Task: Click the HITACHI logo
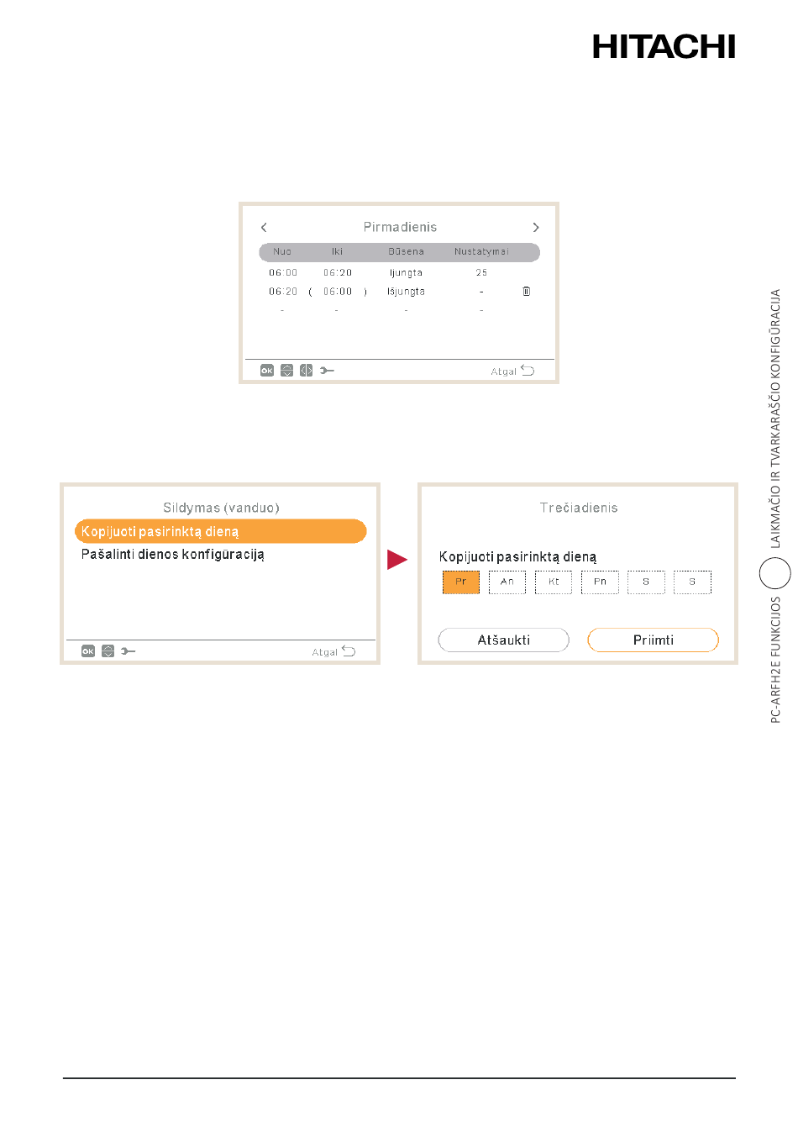pyautogui.click(x=663, y=46)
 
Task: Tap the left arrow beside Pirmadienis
pyautogui.click(x=264, y=227)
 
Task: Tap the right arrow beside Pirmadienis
pyautogui.click(x=535, y=227)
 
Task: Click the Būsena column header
pyautogui.click(x=406, y=251)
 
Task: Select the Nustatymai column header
pyautogui.click(x=480, y=251)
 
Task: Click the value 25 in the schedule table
pyautogui.click(x=480, y=272)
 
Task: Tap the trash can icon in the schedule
pyautogui.click(x=526, y=291)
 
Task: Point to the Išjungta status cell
pyautogui.click(x=406, y=292)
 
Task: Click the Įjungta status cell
pyautogui.click(x=406, y=272)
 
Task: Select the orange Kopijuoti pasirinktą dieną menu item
pyautogui.click(x=220, y=530)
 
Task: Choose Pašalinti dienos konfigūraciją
pyautogui.click(x=172, y=554)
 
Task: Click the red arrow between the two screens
pyautogui.click(x=396, y=559)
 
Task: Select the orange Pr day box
pyautogui.click(x=460, y=582)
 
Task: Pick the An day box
pyautogui.click(x=507, y=582)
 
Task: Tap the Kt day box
pyautogui.click(x=554, y=582)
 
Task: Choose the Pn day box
pyautogui.click(x=600, y=582)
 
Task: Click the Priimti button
pyautogui.click(x=653, y=640)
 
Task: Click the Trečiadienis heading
pyautogui.click(x=578, y=508)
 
